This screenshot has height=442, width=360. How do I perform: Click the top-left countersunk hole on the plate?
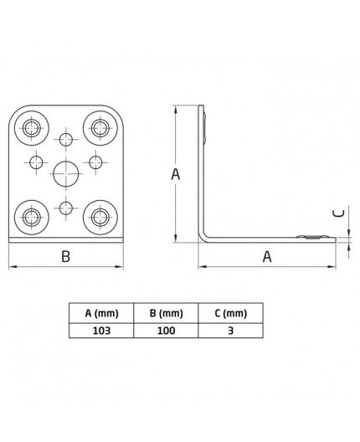pos(32,128)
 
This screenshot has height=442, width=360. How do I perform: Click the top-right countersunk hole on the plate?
pos(100,128)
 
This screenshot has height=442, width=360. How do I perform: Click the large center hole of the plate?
pos(66,174)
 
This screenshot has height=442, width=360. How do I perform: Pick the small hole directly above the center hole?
pos(66,140)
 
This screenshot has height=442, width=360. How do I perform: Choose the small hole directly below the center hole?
pos(66,208)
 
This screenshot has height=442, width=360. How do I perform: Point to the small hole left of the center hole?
pos(36,161)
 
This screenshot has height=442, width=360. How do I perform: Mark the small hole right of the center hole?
pos(96,161)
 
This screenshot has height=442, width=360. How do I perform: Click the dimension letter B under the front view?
pos(65,258)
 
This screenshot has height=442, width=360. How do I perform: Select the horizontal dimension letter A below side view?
pos(267,258)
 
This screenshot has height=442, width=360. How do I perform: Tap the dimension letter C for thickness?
pos(339,213)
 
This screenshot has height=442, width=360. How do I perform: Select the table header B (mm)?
pos(166,314)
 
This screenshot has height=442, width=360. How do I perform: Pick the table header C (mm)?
pos(230,314)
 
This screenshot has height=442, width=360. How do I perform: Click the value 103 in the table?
pos(101,331)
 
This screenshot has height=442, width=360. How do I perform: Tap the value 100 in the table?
pos(166,331)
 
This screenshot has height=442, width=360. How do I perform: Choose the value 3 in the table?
pos(230,331)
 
